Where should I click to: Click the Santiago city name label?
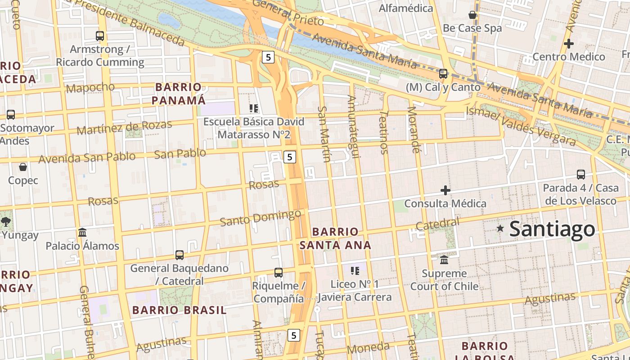click(552, 229)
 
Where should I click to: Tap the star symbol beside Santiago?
click(500, 228)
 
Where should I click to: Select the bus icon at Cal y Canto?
click(443, 73)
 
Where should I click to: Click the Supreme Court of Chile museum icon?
click(444, 260)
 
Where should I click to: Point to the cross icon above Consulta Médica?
click(445, 190)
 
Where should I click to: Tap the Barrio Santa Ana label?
click(335, 238)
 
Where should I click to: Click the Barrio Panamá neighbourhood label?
click(179, 93)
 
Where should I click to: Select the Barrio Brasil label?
click(180, 310)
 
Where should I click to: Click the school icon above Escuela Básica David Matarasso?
click(254, 108)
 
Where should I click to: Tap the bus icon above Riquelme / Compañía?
click(279, 272)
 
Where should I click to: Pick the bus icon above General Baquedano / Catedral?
click(180, 255)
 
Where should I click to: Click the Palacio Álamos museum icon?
click(82, 232)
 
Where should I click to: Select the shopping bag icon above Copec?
click(23, 167)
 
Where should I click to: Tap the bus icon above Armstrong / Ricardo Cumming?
click(100, 36)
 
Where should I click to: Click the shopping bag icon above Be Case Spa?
click(472, 15)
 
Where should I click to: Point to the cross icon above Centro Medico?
click(569, 44)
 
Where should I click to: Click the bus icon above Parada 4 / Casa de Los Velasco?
click(581, 174)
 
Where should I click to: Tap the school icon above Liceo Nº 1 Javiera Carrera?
click(355, 270)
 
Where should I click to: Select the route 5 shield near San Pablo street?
click(290, 157)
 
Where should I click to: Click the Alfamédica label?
click(406, 8)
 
